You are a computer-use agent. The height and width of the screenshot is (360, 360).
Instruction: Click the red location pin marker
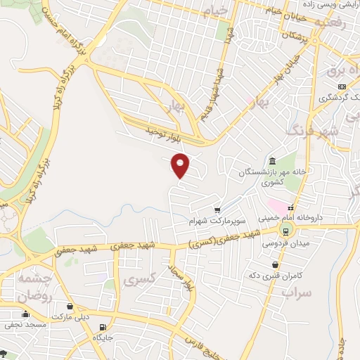tap(181, 165)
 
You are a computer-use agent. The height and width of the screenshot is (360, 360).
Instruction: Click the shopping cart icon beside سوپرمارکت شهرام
tap(217, 209)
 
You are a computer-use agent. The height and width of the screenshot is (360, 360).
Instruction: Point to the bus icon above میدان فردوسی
tap(285, 231)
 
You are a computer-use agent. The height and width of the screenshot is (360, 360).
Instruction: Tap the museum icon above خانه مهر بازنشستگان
tap(272, 160)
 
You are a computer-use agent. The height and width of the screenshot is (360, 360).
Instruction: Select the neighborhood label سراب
tap(295, 290)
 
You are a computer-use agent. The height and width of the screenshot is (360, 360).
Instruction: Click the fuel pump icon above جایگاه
tap(104, 328)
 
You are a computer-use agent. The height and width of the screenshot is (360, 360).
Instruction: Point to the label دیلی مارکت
tap(70, 317)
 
